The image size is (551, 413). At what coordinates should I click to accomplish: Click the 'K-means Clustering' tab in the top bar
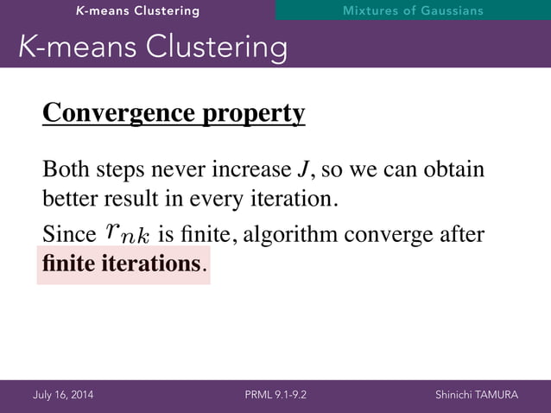pyautogui.click(x=137, y=11)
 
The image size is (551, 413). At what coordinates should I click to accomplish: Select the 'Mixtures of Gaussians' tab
pyautogui.click(x=412, y=11)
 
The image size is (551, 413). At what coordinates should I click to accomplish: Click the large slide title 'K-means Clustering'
pyautogui.click(x=153, y=48)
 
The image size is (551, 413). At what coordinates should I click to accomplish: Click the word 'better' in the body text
pyautogui.click(x=69, y=200)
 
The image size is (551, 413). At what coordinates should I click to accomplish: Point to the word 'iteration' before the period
pyautogui.click(x=292, y=200)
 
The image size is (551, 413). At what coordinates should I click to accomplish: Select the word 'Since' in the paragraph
pyautogui.click(x=68, y=234)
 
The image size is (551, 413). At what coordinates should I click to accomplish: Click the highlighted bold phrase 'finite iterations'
pyautogui.click(x=121, y=264)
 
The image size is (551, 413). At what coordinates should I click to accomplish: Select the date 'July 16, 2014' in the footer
pyautogui.click(x=64, y=396)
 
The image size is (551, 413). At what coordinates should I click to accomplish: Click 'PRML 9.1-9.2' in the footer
pyautogui.click(x=275, y=396)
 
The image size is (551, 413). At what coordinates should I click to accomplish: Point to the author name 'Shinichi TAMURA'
pyautogui.click(x=477, y=396)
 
